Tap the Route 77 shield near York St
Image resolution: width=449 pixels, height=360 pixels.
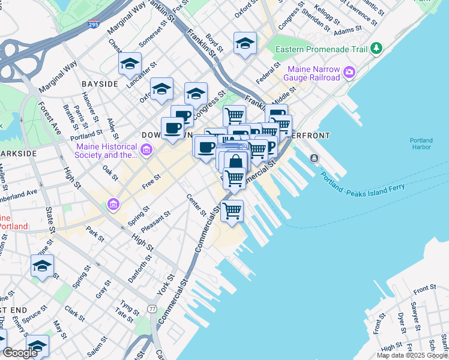[x=152, y=308]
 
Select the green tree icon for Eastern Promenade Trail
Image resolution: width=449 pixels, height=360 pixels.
[x=376, y=47]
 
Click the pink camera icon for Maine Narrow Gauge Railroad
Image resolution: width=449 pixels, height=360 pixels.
[x=349, y=73]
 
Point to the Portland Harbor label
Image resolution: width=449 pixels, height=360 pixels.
[x=421, y=145]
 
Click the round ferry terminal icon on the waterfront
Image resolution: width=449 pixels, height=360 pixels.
[x=314, y=158]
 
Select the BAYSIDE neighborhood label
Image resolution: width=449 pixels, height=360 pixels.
[x=100, y=84]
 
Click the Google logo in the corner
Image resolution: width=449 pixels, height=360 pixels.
[x=20, y=353]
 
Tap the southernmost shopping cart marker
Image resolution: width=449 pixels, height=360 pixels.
[x=232, y=211]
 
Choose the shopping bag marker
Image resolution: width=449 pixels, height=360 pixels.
[x=237, y=161]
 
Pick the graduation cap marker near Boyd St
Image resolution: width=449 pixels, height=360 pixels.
[x=244, y=43]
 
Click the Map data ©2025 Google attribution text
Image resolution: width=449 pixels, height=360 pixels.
[x=412, y=355]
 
